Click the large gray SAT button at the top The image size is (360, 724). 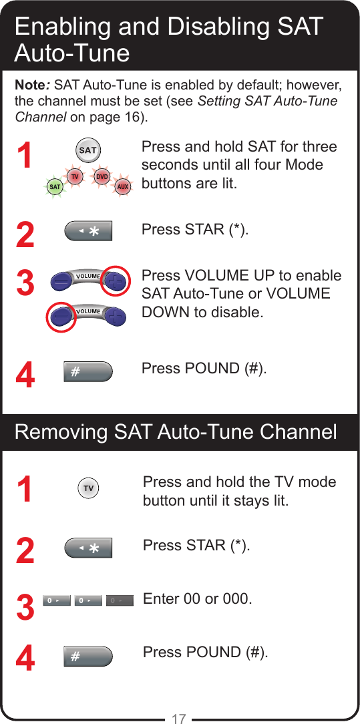click(x=88, y=150)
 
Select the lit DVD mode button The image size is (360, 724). click(x=102, y=177)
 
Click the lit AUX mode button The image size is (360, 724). click(x=122, y=187)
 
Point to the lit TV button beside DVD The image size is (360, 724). click(x=75, y=177)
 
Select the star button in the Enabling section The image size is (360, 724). click(x=88, y=231)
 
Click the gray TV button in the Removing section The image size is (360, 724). click(x=88, y=489)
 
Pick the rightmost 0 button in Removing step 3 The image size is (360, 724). click(x=116, y=601)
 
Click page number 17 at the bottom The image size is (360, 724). click(x=178, y=719)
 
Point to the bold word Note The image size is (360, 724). click(x=31, y=86)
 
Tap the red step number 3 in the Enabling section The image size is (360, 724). click(x=25, y=283)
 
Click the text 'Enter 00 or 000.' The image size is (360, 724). click(x=198, y=598)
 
